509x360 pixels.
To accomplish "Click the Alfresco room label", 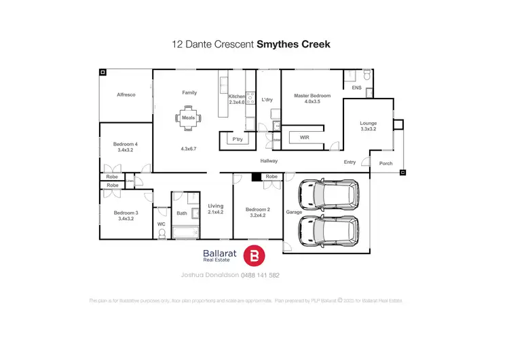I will point(126,95).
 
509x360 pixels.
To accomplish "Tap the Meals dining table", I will point(188,118).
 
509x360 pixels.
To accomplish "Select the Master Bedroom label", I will point(312,96).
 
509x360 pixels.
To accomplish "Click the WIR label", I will point(305,137).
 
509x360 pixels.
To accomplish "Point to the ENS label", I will point(356,88).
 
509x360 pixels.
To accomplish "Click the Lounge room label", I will point(368,123).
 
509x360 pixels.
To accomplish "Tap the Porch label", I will point(385,163).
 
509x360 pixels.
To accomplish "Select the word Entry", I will point(350,162).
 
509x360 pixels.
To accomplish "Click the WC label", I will point(161,223).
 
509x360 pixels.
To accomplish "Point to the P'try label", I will point(238,139).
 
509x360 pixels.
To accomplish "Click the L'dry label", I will point(267,100).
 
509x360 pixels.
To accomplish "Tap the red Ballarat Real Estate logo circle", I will point(255,255).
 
